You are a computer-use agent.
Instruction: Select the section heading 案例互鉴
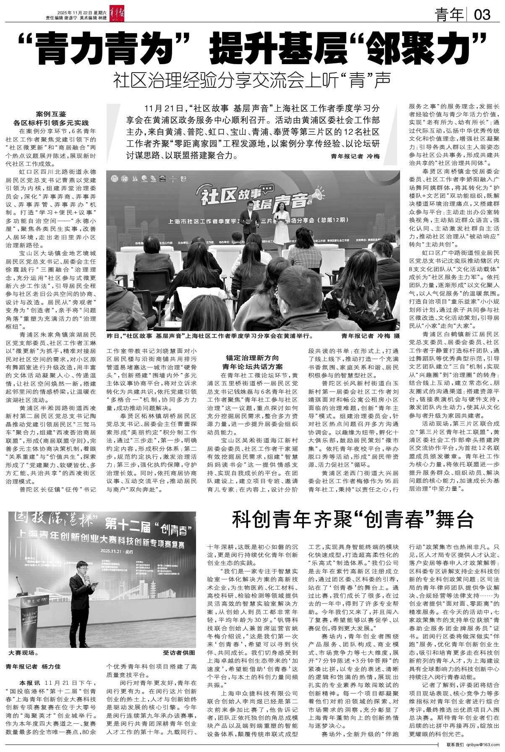(x=51, y=114)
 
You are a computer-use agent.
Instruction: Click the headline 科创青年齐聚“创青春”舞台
(x=353, y=521)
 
